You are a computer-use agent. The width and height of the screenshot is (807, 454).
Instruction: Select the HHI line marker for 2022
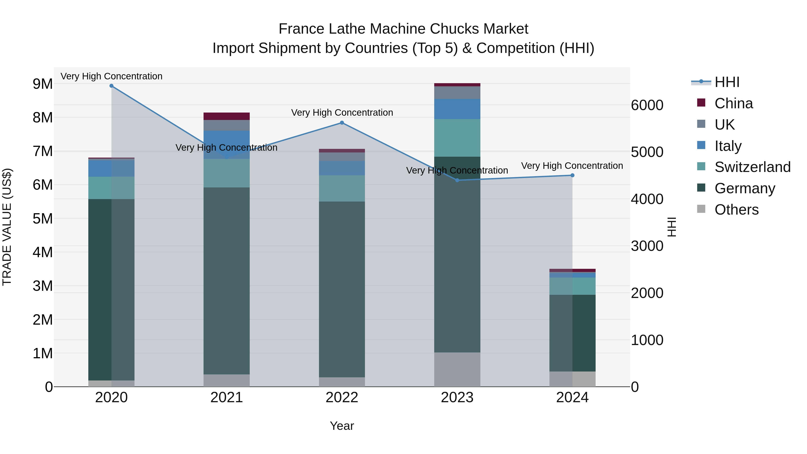tap(342, 123)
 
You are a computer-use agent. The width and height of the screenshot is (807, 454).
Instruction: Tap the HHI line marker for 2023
tap(457, 180)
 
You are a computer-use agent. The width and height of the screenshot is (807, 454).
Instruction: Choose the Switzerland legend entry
tap(752, 167)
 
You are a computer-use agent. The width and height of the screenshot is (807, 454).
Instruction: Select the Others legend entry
tap(736, 210)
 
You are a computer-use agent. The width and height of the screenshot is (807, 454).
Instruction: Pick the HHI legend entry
tap(727, 82)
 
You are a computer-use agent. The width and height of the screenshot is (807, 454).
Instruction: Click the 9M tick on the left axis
tap(43, 84)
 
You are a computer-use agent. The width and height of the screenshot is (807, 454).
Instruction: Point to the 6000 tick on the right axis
tap(647, 105)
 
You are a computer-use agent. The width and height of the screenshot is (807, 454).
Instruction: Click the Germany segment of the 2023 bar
tap(457, 254)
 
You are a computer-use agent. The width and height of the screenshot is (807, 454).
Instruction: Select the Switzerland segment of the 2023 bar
tap(457, 138)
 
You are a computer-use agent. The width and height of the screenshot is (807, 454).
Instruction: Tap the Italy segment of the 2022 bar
tap(342, 168)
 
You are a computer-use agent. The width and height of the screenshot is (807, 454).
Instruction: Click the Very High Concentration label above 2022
tap(342, 113)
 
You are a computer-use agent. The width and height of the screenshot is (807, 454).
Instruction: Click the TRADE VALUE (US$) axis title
tap(7, 227)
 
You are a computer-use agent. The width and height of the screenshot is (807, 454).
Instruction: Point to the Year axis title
tap(342, 426)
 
